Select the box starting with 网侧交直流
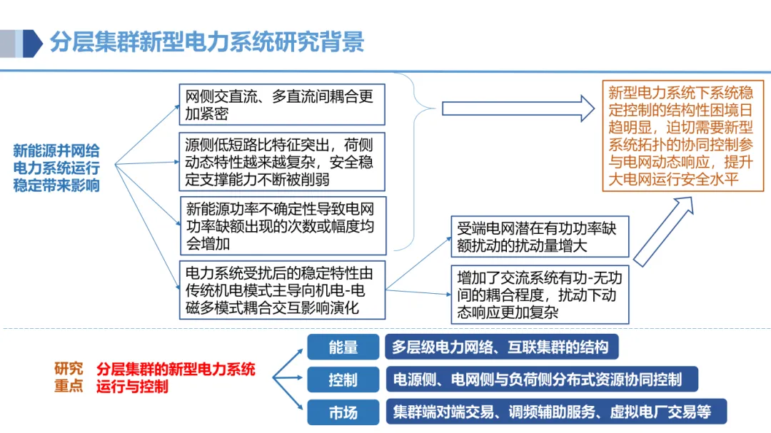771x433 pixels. (x=281, y=105)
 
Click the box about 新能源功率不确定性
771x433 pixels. (x=281, y=226)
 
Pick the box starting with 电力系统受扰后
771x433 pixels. (x=281, y=290)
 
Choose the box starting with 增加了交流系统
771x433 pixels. (x=540, y=294)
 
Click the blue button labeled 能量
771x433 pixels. (x=343, y=347)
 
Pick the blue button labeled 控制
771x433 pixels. (x=343, y=379)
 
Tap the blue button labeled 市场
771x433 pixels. (x=343, y=412)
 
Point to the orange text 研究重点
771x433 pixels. (x=69, y=377)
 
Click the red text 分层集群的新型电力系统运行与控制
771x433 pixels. (x=176, y=377)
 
